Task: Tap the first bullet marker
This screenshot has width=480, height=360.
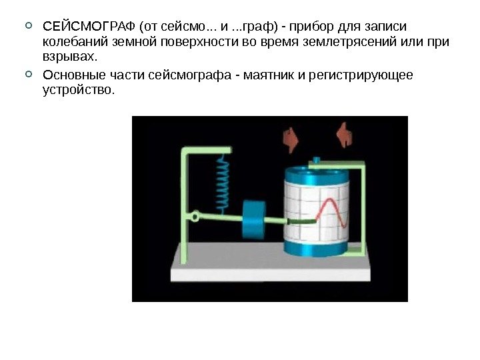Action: pos(27,27)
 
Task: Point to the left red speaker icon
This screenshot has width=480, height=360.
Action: pos(291,137)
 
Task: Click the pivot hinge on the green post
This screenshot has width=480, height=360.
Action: pos(195,217)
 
